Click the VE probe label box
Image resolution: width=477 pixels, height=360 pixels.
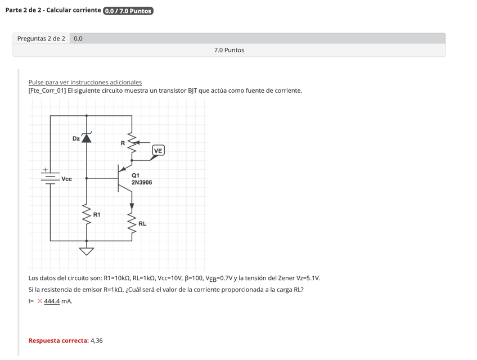click(x=157, y=151)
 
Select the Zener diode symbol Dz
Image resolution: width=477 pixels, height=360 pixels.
click(x=86, y=137)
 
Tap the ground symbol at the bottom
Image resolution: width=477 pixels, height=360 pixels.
click(x=86, y=250)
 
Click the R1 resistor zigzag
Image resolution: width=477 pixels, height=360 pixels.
click(x=86, y=214)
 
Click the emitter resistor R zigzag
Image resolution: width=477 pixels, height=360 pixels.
click(x=132, y=143)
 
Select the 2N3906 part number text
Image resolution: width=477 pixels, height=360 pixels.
click(x=142, y=183)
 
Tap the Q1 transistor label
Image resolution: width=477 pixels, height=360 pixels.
click(x=136, y=175)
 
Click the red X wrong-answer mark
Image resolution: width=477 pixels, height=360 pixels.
click(x=40, y=301)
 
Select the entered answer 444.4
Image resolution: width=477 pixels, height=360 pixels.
click(x=52, y=301)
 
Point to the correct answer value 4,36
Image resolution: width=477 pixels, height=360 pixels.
click(x=97, y=341)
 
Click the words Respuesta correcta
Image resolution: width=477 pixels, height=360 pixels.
click(x=58, y=341)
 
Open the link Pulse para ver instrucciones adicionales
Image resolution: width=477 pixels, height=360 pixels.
click(x=85, y=82)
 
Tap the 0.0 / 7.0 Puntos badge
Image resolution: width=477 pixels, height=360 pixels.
click(x=128, y=11)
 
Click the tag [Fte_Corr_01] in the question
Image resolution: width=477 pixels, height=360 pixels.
click(x=47, y=91)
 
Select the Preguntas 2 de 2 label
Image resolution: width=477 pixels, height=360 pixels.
click(x=41, y=39)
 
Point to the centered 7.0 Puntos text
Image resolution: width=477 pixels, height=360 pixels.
click(x=229, y=50)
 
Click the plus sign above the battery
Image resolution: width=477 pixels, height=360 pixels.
click(x=46, y=169)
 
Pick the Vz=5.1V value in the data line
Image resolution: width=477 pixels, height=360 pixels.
click(x=308, y=278)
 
